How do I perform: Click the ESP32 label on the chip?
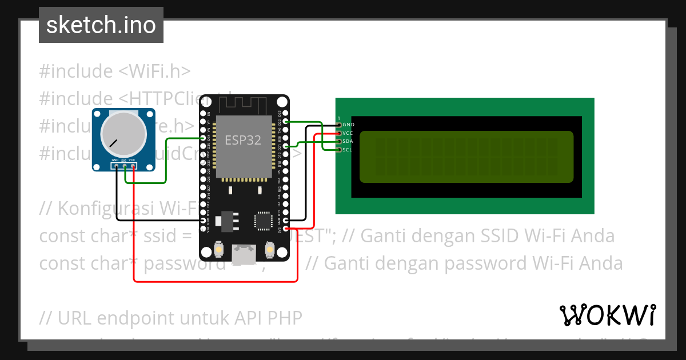244,140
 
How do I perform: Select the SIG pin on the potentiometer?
124,166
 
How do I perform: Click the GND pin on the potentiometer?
115,166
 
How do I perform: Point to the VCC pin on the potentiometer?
133,166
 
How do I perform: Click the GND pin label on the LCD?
348,125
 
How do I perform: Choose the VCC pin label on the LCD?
348,133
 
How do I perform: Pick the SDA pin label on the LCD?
348,141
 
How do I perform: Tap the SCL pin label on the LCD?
348,150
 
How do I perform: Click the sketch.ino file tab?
101,25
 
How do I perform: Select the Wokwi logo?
607,315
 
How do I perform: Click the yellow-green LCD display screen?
466,157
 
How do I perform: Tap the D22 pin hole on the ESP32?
285,122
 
